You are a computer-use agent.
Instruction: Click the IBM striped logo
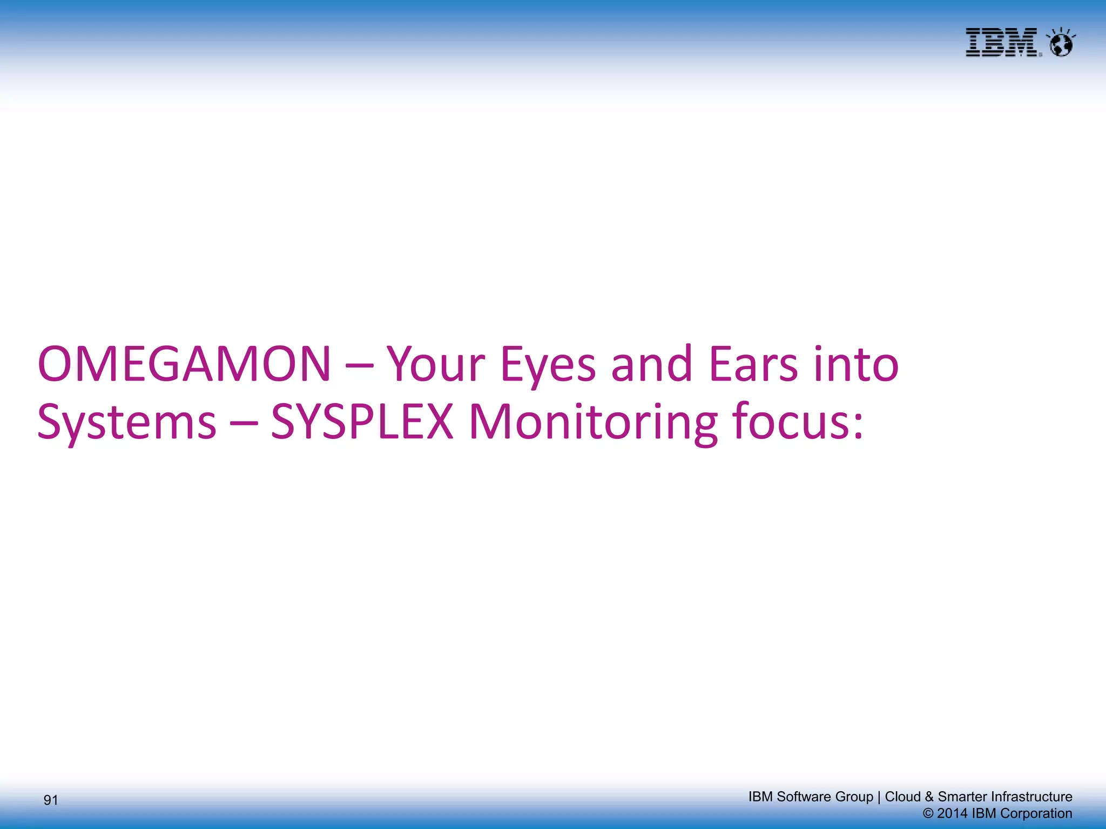pyautogui.click(x=1001, y=43)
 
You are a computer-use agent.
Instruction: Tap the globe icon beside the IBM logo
pyautogui.click(x=1061, y=44)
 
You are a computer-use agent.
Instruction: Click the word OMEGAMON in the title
pyautogui.click(x=184, y=364)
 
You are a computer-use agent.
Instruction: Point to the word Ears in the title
pyautogui.click(x=753, y=364)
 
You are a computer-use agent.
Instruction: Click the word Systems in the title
pyautogui.click(x=126, y=423)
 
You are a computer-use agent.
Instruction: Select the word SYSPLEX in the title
pyautogui.click(x=361, y=422)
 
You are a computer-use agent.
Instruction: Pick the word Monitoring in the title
pyautogui.click(x=592, y=423)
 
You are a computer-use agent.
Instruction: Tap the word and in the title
pyautogui.click(x=651, y=364)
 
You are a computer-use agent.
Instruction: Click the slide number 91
pyautogui.click(x=51, y=800)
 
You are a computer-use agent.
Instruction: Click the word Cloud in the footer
pyautogui.click(x=902, y=797)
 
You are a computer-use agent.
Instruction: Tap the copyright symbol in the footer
pyautogui.click(x=928, y=814)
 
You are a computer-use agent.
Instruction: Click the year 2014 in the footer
pyautogui.click(x=952, y=813)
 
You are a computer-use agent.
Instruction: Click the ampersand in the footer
pyautogui.click(x=929, y=797)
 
